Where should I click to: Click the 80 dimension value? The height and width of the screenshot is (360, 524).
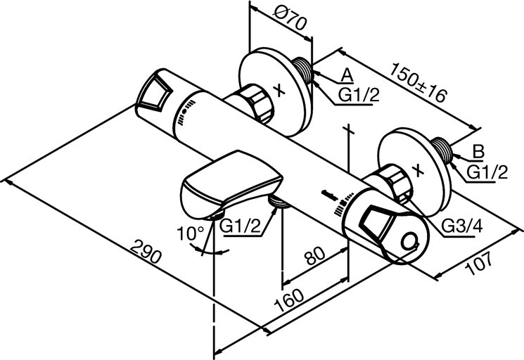315,258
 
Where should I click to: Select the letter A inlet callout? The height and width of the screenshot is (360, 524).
347,73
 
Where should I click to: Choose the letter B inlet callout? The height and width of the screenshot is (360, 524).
478,150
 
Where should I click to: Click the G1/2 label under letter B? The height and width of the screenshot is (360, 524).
487,171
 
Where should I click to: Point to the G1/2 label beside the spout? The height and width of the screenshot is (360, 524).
241,226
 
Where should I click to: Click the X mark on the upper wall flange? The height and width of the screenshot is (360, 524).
279,90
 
